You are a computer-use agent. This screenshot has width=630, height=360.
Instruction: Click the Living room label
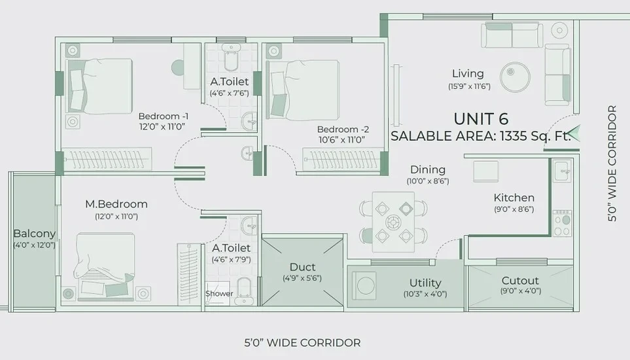[468, 73]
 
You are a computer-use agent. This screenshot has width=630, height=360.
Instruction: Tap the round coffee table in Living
[515, 77]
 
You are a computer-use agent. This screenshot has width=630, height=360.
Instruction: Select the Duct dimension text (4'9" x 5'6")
[302, 278]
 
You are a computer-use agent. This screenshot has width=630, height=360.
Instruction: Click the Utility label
[425, 283]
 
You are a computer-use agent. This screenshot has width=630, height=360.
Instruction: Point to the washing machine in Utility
[364, 285]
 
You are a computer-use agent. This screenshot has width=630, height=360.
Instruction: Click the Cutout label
[520, 280]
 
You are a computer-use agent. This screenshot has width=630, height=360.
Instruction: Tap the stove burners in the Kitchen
[562, 223]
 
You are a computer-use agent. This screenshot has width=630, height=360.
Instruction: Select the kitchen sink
[563, 171]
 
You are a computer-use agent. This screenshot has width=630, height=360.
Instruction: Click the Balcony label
[34, 234]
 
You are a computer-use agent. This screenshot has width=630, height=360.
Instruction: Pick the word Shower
[219, 293]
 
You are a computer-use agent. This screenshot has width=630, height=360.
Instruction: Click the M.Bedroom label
[116, 204]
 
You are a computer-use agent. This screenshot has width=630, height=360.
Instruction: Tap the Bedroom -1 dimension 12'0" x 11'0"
[162, 126]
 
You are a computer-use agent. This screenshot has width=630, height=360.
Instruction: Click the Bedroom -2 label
[343, 130]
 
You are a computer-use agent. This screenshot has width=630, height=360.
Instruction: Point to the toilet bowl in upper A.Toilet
[231, 58]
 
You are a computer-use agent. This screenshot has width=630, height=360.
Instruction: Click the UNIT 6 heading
[481, 119]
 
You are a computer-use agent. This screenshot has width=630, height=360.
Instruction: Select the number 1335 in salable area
[514, 136]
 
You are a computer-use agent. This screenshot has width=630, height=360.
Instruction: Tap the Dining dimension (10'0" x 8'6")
[427, 181]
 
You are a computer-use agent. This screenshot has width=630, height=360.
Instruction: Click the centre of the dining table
[393, 222]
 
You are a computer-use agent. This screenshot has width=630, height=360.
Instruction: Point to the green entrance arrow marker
[574, 134]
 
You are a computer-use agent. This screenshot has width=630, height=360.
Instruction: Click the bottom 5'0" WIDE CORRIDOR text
[302, 343]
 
